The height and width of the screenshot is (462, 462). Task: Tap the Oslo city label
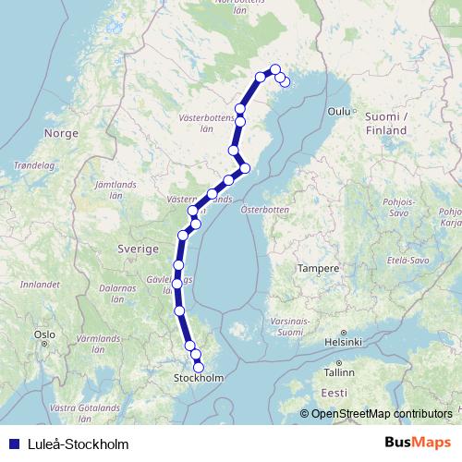[43, 334]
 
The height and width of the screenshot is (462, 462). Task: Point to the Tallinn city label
[338, 372]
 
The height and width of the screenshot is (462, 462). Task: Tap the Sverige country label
[138, 249]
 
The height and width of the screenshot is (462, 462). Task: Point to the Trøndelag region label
[32, 166]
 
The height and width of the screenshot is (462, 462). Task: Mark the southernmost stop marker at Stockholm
[199, 369]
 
